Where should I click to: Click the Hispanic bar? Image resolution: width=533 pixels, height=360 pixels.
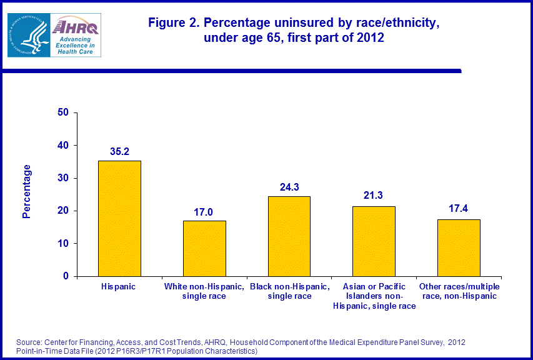[119, 218]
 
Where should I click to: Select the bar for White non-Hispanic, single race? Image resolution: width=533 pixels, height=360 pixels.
[204, 248]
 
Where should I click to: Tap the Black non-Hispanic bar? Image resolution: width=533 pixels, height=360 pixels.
[289, 236]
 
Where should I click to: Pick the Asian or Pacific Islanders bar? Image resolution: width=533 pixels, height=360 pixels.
[374, 241]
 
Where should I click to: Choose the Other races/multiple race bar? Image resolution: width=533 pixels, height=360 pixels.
[459, 247]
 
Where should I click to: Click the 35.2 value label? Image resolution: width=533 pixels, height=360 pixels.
[119, 151]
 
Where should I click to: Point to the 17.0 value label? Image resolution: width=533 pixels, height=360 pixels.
[204, 211]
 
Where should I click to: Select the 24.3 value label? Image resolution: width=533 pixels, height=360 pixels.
[289, 186]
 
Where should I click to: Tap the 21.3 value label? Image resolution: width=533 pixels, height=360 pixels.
[374, 196]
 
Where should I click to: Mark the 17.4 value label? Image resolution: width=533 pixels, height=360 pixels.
[459, 209]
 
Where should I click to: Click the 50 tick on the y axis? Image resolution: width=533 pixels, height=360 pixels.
[62, 113]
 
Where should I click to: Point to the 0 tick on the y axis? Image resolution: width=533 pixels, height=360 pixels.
[66, 276]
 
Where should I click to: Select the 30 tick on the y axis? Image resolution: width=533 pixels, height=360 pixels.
[62, 178]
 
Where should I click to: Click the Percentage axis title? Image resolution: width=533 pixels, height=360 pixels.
[26, 191]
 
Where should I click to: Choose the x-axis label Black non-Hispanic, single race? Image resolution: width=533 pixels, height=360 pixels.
[289, 291]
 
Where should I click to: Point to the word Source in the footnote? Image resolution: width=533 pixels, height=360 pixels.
[29, 342]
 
